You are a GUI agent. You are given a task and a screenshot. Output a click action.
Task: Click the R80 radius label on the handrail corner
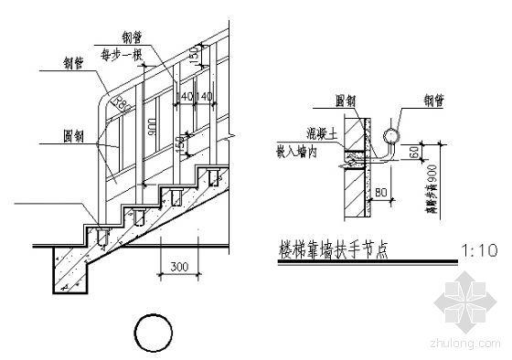pyautogui.click(x=117, y=104)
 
